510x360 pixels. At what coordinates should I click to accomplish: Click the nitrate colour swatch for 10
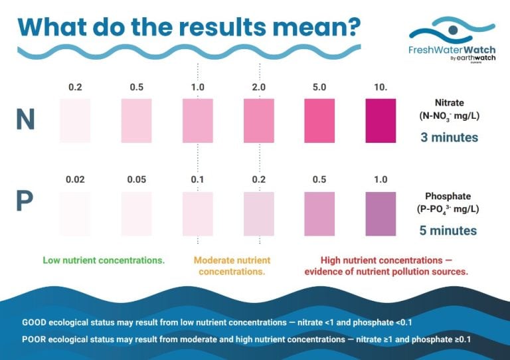tap(381, 120)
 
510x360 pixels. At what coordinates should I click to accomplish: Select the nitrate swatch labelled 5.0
tap(319, 120)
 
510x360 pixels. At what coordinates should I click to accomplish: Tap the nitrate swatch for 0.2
tap(75, 120)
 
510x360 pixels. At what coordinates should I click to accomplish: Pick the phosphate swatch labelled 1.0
tap(381, 214)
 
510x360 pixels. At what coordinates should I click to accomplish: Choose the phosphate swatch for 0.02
tap(75, 214)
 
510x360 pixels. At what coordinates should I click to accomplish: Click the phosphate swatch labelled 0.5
tap(319, 214)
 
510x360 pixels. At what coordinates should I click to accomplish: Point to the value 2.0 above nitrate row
tap(259, 87)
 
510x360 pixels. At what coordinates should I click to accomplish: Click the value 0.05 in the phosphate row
tap(137, 180)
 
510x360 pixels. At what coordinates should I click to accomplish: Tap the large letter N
tap(26, 120)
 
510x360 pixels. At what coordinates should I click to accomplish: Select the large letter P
tap(25, 203)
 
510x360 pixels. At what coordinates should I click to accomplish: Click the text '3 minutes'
tap(449, 138)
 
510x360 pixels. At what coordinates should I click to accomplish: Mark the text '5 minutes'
tap(449, 230)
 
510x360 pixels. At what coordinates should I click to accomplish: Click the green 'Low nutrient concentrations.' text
tap(104, 260)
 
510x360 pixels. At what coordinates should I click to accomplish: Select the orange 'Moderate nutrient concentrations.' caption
tap(232, 266)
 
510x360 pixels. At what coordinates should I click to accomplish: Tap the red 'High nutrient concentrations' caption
tap(386, 266)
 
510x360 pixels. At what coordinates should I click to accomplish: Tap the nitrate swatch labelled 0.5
tap(137, 120)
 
